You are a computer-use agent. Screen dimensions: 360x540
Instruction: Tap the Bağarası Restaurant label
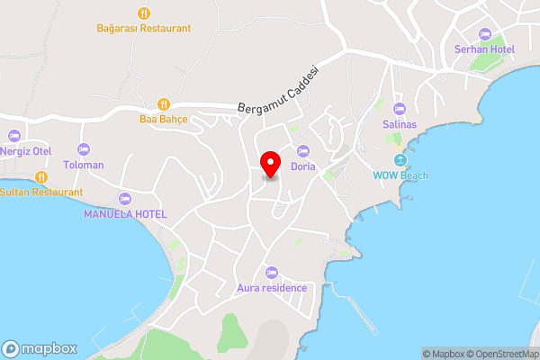(144, 28)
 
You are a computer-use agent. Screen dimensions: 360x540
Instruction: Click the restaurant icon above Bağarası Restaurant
(144, 13)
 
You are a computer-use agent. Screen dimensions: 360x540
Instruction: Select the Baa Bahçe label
(162, 118)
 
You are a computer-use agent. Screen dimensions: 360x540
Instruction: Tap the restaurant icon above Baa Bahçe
(163, 103)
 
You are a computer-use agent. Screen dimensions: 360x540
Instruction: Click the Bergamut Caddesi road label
(280, 88)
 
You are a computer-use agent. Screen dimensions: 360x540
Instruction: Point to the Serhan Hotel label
(484, 49)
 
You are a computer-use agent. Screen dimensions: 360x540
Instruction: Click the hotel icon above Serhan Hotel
(485, 33)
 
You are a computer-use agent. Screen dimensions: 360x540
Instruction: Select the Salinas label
(400, 124)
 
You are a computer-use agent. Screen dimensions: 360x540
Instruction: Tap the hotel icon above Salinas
(400, 109)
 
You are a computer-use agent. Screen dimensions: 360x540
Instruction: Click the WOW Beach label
(400, 175)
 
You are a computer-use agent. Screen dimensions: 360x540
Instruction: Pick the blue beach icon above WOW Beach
(400, 160)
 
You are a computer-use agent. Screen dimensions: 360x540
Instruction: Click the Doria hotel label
(302, 166)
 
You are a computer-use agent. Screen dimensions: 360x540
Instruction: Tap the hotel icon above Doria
(302, 150)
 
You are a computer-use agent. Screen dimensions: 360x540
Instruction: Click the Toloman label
(84, 165)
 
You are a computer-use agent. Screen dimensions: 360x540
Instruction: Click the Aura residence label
(272, 288)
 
